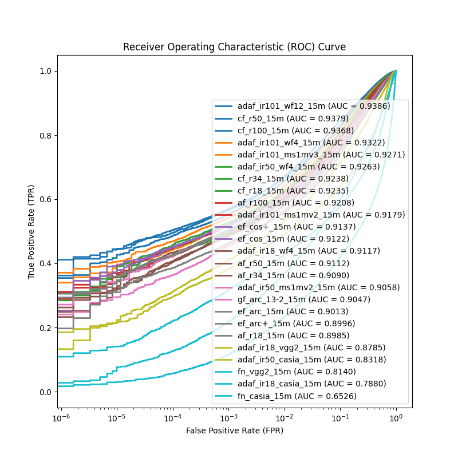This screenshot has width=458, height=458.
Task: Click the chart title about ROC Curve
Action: coord(234,47)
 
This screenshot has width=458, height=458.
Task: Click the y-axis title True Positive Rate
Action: coord(32,232)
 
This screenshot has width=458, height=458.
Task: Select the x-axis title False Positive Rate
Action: coord(234,430)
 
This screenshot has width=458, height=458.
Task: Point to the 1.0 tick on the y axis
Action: coord(46,71)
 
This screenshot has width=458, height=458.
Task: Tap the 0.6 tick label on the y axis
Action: coord(46,199)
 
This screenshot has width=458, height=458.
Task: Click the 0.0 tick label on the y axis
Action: coord(46,392)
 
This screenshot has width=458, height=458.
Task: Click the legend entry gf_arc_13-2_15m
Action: coord(304,299)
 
